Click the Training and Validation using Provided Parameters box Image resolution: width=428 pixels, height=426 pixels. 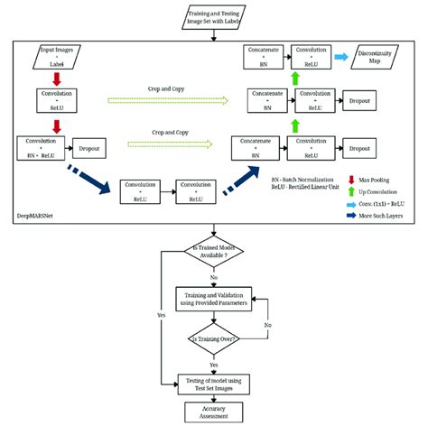(x=213, y=297)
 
